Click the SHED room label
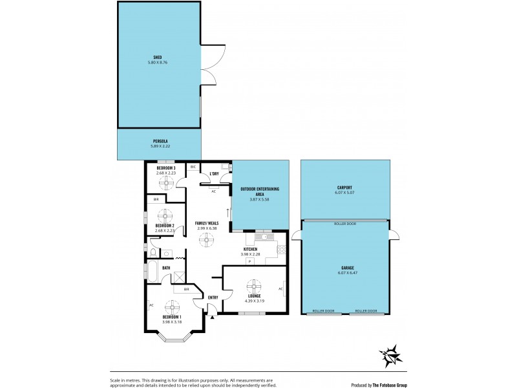[158, 56]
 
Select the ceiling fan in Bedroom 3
[167, 183]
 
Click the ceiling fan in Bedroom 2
[166, 214]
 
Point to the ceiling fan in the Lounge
[253, 286]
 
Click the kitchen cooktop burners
[281, 250]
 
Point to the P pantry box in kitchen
[249, 261]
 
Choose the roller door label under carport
[344, 224]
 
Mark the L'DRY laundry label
[213, 174]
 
